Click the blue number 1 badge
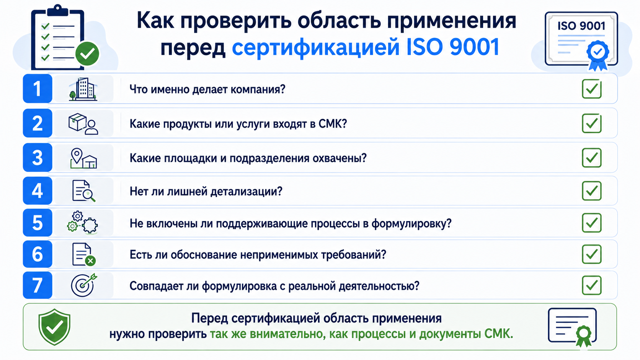pyautogui.click(x=38, y=88)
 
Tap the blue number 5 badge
pyautogui.click(x=38, y=223)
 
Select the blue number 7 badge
pyautogui.click(x=38, y=285)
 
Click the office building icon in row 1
pyautogui.click(x=83, y=89)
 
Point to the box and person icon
pyautogui.click(x=83, y=124)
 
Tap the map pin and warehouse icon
pyautogui.click(x=83, y=158)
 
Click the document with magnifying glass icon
pyautogui.click(x=83, y=191)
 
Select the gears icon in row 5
pyautogui.click(x=82, y=223)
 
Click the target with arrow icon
pyautogui.click(x=84, y=285)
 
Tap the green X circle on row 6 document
pyautogui.click(x=90, y=261)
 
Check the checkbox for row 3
pyautogui.click(x=592, y=158)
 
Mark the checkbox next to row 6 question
pyautogui.click(x=592, y=254)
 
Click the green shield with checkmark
pyautogui.click(x=54, y=327)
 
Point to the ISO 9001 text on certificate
pyautogui.click(x=581, y=26)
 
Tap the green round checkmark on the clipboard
pyautogui.click(x=87, y=54)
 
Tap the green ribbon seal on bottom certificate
pyautogui.click(x=583, y=336)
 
